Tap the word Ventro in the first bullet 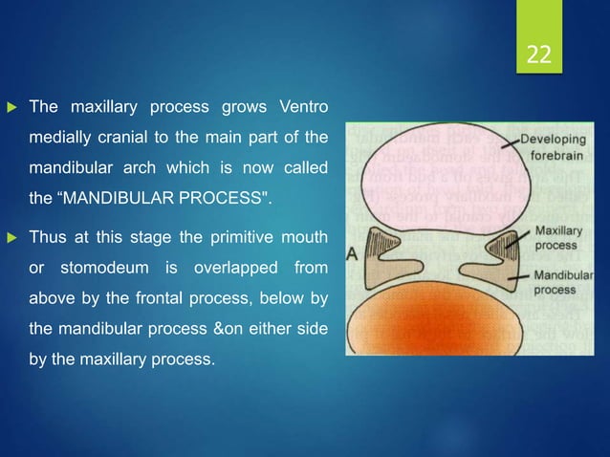[x=304, y=104]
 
